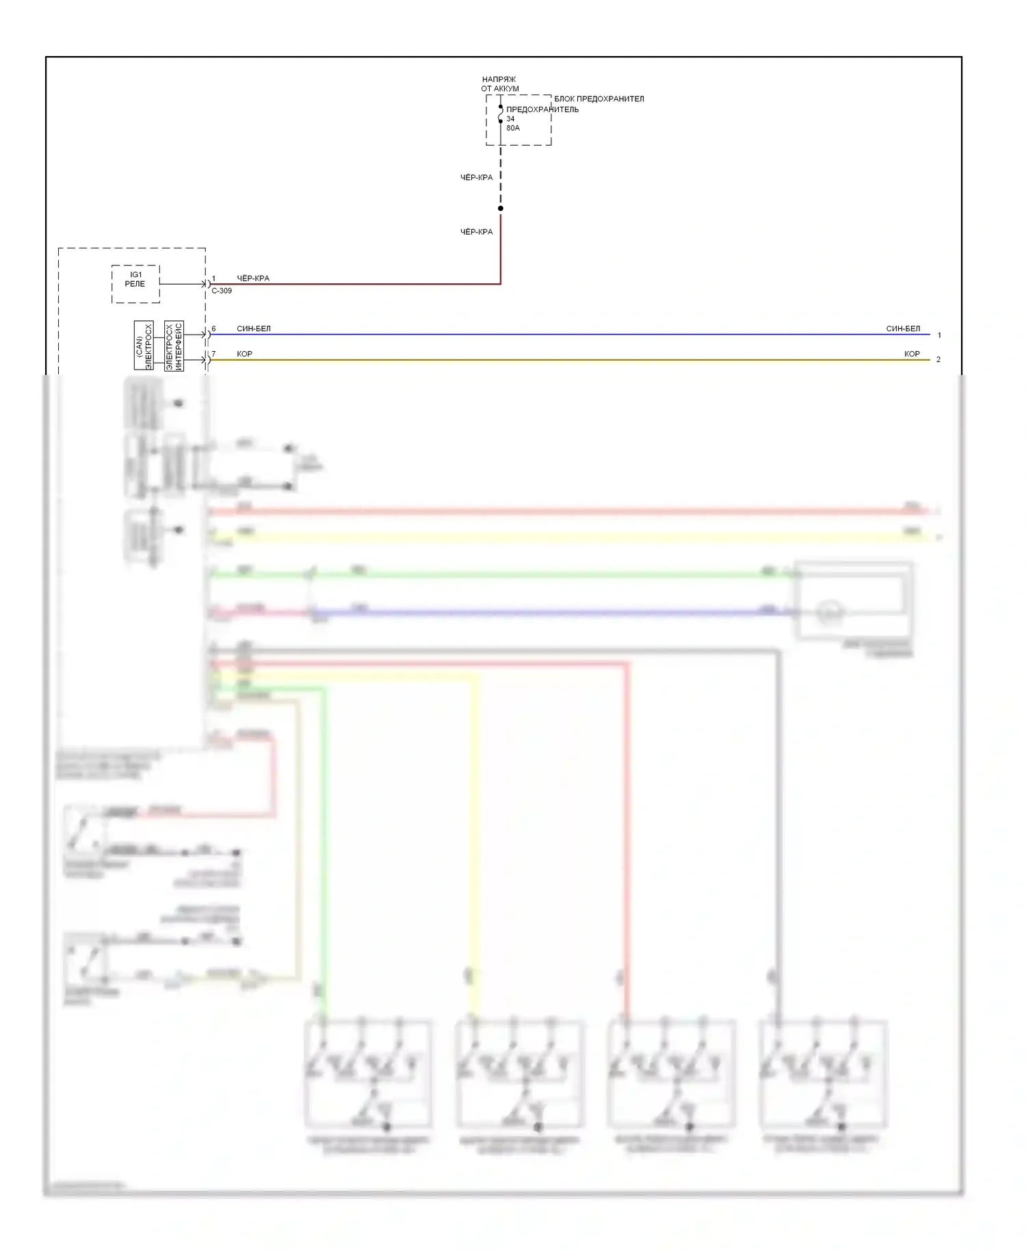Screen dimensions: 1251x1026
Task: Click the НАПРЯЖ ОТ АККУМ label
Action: (x=499, y=83)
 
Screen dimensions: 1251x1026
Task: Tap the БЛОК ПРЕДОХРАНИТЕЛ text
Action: (x=598, y=99)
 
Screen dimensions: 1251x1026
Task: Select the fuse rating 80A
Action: (x=513, y=128)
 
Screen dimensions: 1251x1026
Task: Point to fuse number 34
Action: (x=510, y=118)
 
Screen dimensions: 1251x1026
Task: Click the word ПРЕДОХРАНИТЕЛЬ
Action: (x=542, y=109)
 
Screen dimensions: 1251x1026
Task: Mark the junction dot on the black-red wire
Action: (x=501, y=208)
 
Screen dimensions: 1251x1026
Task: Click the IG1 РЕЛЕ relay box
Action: (x=135, y=283)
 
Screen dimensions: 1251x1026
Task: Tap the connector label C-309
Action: (x=222, y=291)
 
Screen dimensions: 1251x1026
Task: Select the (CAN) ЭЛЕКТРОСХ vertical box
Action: (x=144, y=345)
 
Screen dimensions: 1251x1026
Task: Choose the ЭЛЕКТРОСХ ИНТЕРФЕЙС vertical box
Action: (x=174, y=345)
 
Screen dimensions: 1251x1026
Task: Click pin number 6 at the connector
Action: (x=213, y=328)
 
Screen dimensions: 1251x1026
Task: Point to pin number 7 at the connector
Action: (x=213, y=354)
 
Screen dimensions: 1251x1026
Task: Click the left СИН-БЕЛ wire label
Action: (x=254, y=328)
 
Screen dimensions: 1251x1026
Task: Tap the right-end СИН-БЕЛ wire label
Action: (x=903, y=328)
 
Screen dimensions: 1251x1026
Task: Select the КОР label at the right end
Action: (x=912, y=354)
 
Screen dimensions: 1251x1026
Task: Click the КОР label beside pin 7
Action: (x=244, y=354)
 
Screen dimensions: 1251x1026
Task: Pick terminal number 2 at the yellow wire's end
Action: (x=938, y=359)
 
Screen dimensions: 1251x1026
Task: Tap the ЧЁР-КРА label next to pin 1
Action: (x=253, y=279)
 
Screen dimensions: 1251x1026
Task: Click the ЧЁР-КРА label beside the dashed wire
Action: (x=476, y=177)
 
